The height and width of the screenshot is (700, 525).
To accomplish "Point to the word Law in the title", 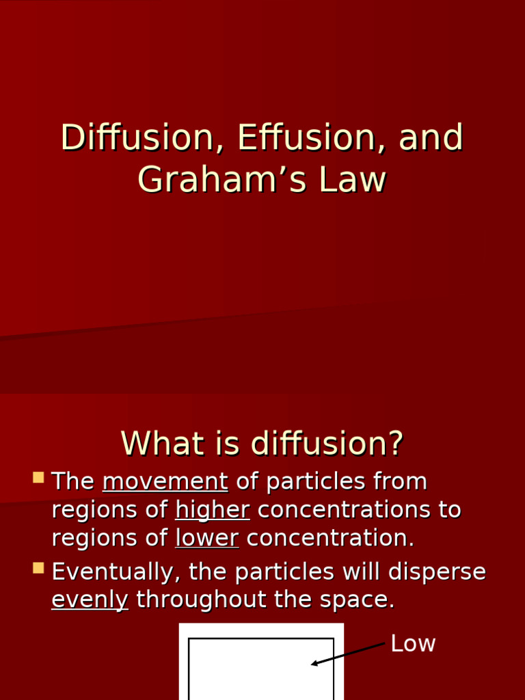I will pos(351,180).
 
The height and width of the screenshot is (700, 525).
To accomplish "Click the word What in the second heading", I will pos(152,444).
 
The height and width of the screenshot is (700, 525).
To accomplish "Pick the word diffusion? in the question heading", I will pos(327,444).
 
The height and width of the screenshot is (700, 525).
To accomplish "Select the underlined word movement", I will pos(165,482).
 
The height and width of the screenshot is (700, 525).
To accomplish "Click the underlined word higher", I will pos(212,510).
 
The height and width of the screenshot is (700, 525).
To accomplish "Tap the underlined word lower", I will pos(206,538).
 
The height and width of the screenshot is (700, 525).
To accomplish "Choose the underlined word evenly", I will pos(90,600).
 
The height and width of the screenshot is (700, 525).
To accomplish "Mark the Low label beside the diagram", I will pos(413,644).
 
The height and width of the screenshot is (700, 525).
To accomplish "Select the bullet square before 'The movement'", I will pos(38,477).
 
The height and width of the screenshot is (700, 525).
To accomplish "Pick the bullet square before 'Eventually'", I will pos(38,567).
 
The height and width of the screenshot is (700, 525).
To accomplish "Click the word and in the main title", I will pos(431,138).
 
